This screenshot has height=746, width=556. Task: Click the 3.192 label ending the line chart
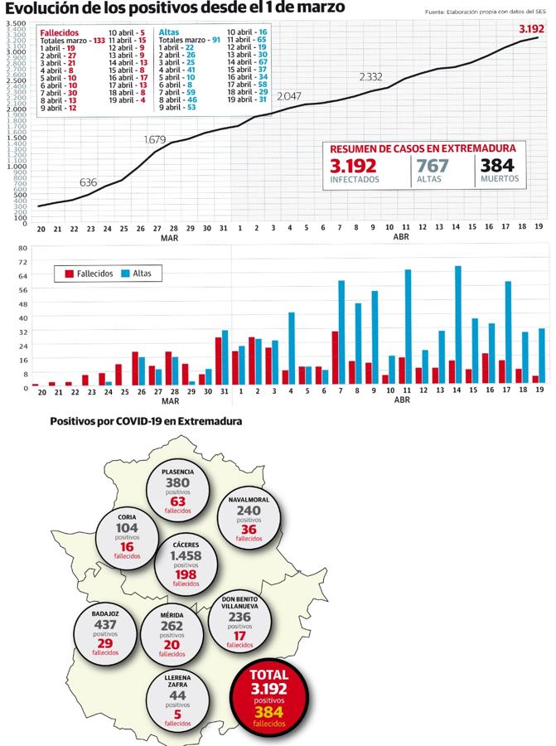pos(531,29)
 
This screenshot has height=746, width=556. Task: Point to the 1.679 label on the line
pos(157,140)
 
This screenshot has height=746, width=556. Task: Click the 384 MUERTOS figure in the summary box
pos(498,166)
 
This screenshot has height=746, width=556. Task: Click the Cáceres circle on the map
pos(186,564)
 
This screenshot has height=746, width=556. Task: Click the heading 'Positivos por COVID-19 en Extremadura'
pos(146,421)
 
